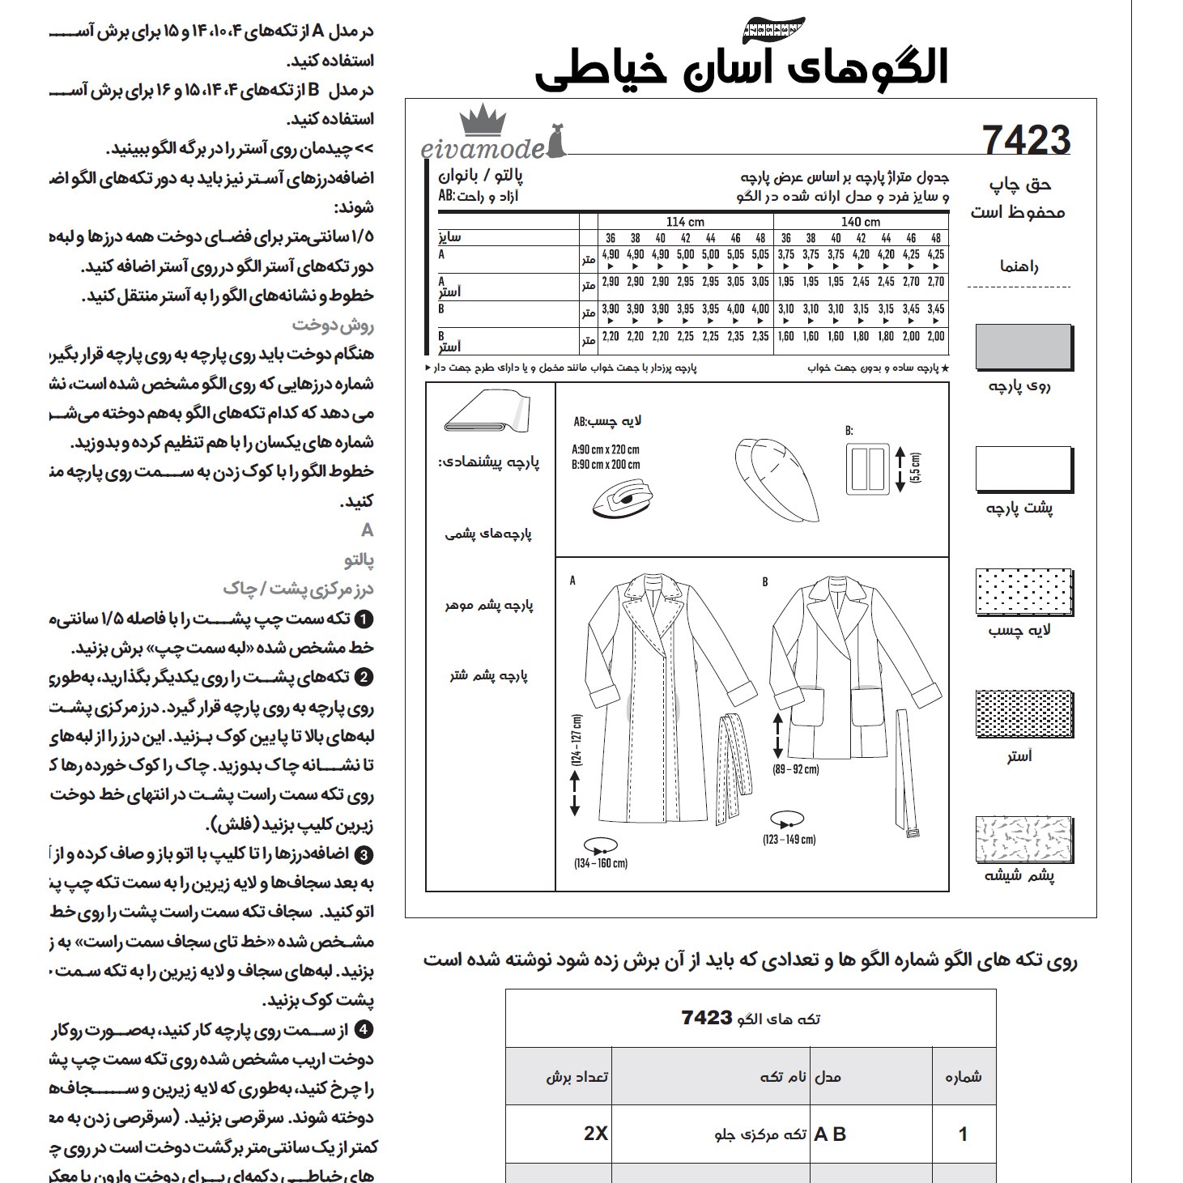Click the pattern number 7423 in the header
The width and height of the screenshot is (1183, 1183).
point(1026,139)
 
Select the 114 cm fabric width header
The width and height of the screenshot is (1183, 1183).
point(685,222)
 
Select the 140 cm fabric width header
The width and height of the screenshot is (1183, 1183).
point(861,222)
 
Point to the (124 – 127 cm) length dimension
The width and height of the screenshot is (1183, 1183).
point(577,740)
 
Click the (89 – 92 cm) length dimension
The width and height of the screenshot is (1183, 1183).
point(795,769)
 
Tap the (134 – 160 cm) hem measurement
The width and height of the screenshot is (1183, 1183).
point(600,863)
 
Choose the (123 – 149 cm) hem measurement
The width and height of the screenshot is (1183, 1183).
point(789,840)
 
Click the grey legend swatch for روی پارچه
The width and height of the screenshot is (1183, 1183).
point(1024,347)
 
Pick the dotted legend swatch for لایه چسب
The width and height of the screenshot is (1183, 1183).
point(1024,592)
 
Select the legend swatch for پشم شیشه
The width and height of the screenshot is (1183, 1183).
point(1024,839)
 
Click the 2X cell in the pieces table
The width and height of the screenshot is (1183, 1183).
point(596,1134)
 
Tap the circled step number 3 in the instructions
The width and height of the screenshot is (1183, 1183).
point(364,855)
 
